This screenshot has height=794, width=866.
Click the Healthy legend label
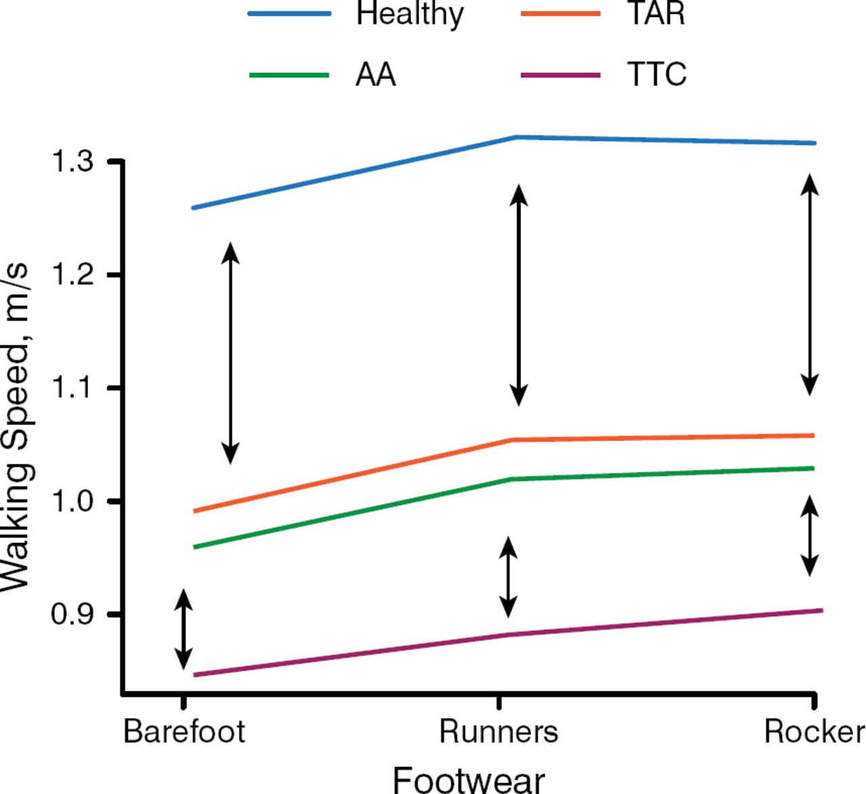(410, 14)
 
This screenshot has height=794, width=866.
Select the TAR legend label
(656, 14)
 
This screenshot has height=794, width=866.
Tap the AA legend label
(375, 74)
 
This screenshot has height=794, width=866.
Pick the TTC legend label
(657, 74)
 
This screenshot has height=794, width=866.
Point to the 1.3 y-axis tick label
(72, 162)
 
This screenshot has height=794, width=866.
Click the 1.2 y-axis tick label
(72, 275)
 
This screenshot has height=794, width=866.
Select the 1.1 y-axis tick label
(72, 388)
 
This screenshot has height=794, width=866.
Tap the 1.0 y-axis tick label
(72, 501)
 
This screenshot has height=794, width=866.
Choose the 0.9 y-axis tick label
(72, 614)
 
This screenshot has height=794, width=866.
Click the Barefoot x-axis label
(184, 732)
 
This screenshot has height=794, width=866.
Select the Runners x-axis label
(499, 732)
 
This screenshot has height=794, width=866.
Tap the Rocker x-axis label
(814, 732)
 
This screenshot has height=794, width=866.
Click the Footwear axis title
(468, 779)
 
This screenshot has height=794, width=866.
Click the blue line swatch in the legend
(290, 14)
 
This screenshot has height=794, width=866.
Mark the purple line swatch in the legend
(561, 74)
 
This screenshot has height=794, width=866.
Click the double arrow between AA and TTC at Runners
(508, 577)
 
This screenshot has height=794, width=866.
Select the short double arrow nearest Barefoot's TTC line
(183, 629)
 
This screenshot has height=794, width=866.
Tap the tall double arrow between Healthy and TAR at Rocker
(810, 285)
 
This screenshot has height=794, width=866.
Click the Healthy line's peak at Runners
(517, 137)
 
